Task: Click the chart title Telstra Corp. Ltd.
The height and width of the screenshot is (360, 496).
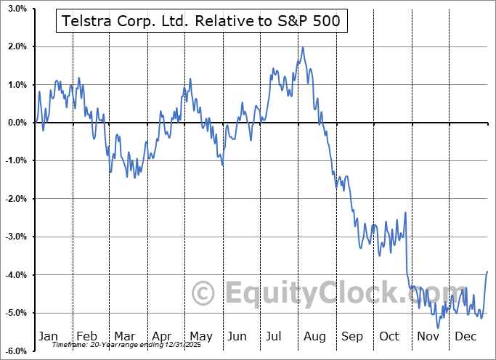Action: point(202,22)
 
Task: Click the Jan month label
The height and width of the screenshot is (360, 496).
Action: point(48,336)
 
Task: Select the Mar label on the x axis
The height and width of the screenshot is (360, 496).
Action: point(124,336)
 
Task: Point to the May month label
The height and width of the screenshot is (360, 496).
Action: point(200,336)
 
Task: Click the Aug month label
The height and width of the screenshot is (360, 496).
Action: point(314,336)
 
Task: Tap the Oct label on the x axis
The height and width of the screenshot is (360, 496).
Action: point(389,336)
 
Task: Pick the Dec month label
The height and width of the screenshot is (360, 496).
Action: point(465,336)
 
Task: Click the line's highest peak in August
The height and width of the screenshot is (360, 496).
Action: point(302,48)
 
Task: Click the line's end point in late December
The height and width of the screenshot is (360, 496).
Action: point(487,271)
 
